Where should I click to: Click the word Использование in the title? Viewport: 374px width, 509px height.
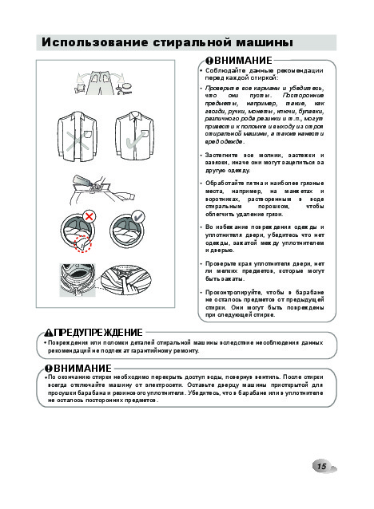(94, 42)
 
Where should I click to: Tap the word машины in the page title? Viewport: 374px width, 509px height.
(264, 42)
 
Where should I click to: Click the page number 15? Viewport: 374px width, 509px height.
(321, 466)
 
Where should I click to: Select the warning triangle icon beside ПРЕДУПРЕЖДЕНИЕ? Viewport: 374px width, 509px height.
(49, 333)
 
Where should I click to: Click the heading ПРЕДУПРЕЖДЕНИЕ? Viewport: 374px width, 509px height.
(98, 333)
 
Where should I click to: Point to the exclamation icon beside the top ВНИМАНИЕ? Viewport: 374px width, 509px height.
(209, 61)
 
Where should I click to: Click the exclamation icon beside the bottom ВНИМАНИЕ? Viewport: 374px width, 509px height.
(49, 368)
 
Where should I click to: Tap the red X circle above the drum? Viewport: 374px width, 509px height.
(89, 216)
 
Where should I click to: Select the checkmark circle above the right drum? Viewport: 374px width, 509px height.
(138, 216)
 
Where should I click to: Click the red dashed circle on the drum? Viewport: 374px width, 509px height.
(83, 243)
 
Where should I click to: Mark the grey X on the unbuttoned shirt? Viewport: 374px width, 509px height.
(78, 141)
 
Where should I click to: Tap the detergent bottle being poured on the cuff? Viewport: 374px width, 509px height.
(82, 180)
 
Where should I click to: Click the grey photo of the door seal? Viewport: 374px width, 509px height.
(78, 280)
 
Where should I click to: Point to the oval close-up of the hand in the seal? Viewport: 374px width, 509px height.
(125, 280)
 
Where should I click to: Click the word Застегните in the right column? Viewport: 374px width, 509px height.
(221, 155)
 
